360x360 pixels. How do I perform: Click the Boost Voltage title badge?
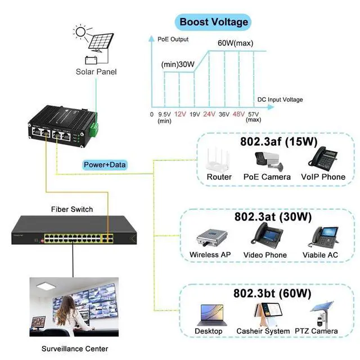[214, 22]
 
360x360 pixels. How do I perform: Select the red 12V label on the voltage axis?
[180, 114]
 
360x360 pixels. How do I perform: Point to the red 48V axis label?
[238, 114]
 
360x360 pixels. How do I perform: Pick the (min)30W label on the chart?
[178, 64]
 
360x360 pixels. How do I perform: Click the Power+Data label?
[105, 165]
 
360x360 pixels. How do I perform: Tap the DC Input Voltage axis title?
[280, 100]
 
